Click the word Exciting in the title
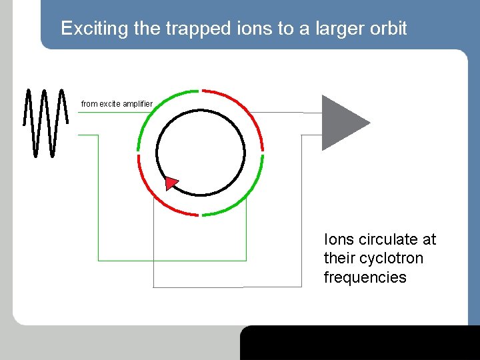coord(87,29)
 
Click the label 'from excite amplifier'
coord(117,104)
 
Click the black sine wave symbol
coord(45,122)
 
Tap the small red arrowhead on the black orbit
coord(171,182)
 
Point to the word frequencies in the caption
coord(365,277)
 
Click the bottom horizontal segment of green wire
coord(172,260)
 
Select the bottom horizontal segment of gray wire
coord(200,287)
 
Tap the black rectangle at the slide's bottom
coord(360,343)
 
